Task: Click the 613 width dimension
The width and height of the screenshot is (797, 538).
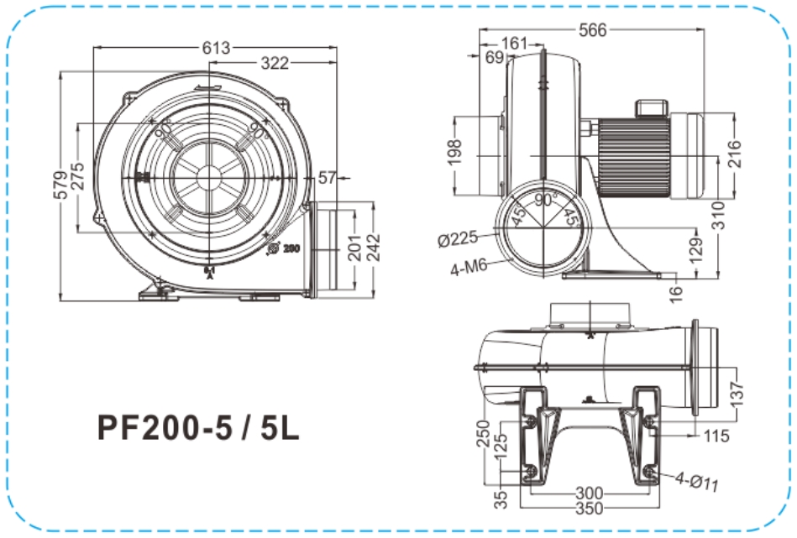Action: (x=216, y=48)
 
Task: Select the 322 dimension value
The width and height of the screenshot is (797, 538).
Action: (x=275, y=63)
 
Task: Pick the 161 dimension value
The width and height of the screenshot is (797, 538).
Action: (x=514, y=44)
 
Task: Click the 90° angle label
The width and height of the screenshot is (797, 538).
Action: (x=547, y=201)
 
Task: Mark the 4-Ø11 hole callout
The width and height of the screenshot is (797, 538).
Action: (x=698, y=481)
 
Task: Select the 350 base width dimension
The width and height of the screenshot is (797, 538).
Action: (x=587, y=508)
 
